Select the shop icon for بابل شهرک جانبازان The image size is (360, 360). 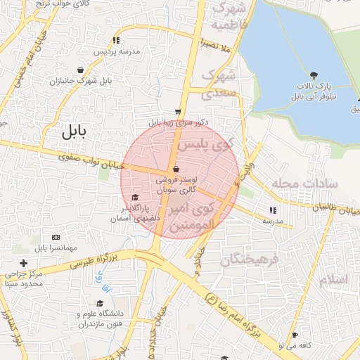pyautogui.click(x=83, y=70)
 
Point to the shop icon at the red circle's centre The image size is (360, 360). pyautogui.click(x=175, y=169)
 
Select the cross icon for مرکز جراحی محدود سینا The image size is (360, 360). pyautogui.click(x=23, y=263)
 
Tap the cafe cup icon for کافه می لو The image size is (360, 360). pyautogui.click(x=295, y=335)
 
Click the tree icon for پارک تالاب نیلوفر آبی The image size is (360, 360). pyautogui.click(x=312, y=75)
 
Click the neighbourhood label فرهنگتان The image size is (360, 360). pyautogui.click(x=250, y=260)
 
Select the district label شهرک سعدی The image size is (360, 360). pyautogui.click(x=218, y=83)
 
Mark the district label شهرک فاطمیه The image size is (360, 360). pyautogui.click(x=232, y=17)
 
